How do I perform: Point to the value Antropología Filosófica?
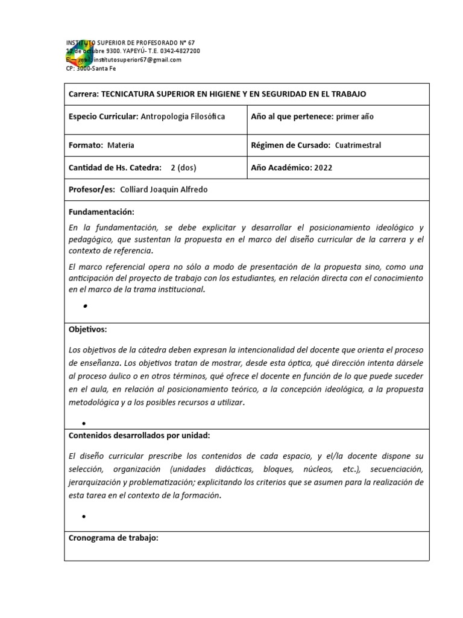(183, 116)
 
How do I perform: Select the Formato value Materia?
(121, 145)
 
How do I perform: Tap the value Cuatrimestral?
(358, 145)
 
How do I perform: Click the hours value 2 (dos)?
(183, 168)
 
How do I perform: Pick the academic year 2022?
(323, 168)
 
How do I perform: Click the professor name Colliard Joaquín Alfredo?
(164, 190)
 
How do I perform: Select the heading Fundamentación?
(101, 212)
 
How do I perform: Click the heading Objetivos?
(88, 330)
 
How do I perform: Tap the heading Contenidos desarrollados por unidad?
(139, 435)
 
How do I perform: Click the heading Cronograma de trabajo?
(113, 538)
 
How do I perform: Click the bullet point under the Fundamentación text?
(86, 307)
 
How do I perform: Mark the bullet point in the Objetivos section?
(84, 424)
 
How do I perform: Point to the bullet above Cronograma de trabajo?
(84, 517)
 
